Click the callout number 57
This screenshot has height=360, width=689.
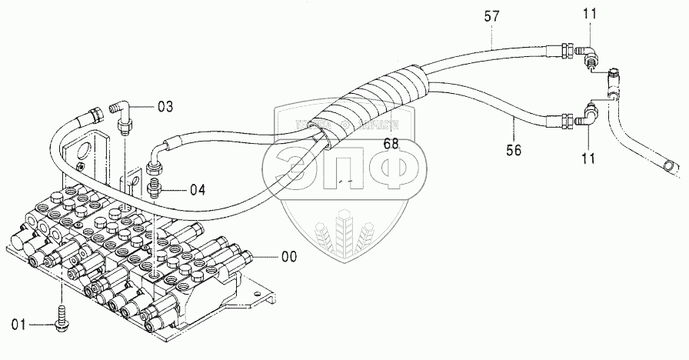click(491, 15)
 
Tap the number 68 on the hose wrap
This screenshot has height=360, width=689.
click(392, 143)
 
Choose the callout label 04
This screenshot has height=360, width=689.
click(176, 189)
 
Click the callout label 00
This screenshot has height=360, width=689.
click(288, 256)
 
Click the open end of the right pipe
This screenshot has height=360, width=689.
click(671, 165)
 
